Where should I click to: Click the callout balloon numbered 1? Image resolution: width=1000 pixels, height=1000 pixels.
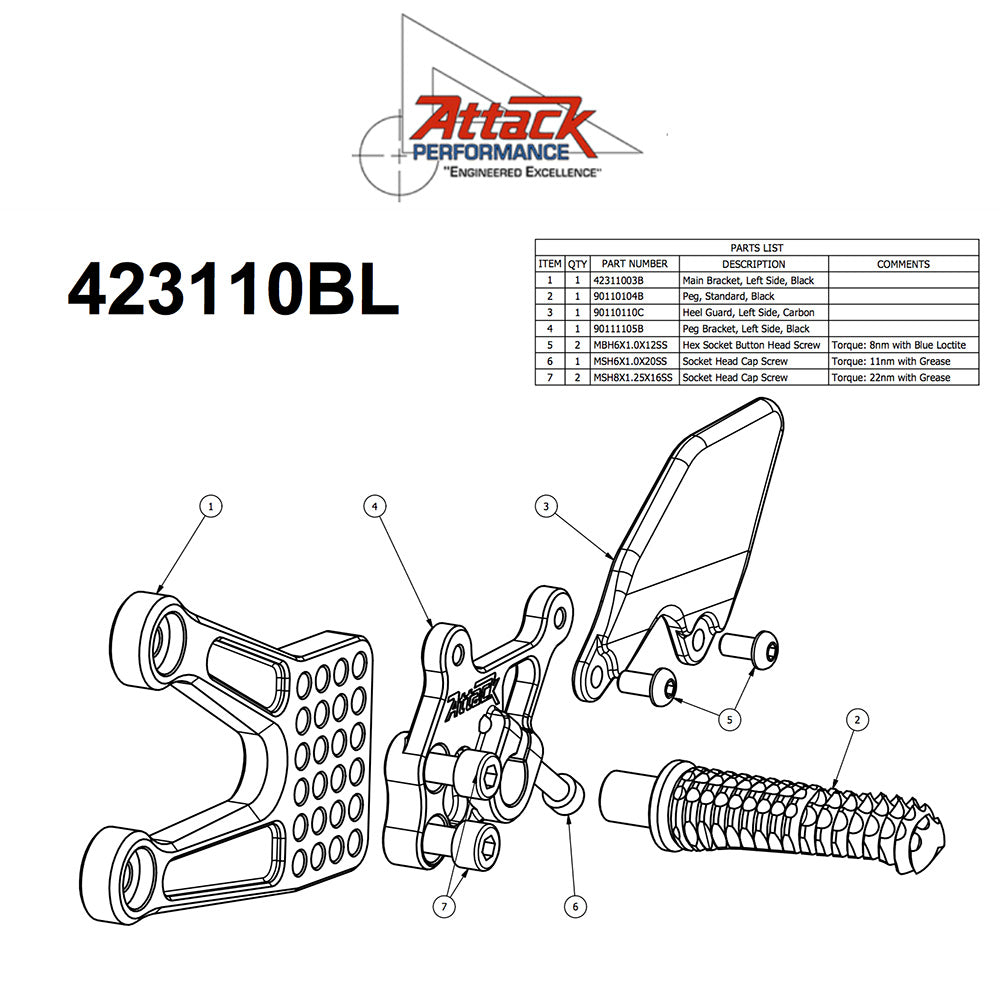click(210, 507)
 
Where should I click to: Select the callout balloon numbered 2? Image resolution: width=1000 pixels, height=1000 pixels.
click(856, 718)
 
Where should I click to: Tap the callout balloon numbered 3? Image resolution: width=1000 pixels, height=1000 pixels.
click(546, 507)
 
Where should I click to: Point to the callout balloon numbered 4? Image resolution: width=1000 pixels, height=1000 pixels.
click(373, 507)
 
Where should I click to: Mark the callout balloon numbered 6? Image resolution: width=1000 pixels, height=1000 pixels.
click(574, 906)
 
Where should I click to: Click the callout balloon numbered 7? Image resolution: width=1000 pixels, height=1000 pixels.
click(444, 906)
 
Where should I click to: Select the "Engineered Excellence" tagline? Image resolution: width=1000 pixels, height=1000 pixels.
click(523, 173)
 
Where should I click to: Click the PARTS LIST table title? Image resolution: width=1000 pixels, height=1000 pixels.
click(756, 248)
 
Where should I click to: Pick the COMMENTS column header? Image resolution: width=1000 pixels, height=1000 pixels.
click(903, 264)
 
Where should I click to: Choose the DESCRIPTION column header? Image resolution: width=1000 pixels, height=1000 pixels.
click(754, 264)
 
